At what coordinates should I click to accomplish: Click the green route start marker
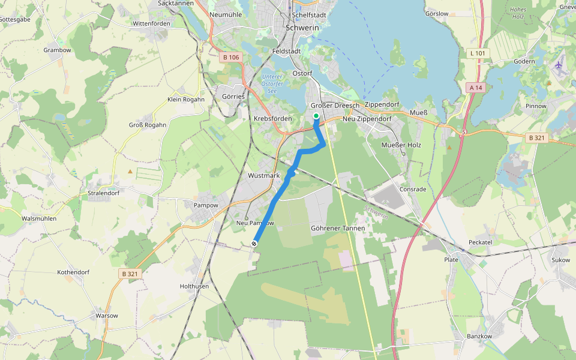pyautogui.click(x=316, y=115)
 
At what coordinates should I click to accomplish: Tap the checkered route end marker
pyautogui.click(x=255, y=243)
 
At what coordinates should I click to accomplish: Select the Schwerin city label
pyautogui.click(x=302, y=27)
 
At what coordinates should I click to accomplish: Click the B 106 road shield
pyautogui.click(x=230, y=58)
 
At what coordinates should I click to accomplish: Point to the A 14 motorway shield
pyautogui.click(x=476, y=88)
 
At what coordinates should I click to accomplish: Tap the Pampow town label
pyautogui.click(x=205, y=205)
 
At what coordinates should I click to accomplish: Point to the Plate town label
pyautogui.click(x=451, y=260)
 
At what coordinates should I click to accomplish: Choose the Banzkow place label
pyautogui.click(x=479, y=336)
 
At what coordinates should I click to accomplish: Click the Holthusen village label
pyautogui.click(x=194, y=286)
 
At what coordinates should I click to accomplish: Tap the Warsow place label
pyautogui.click(x=107, y=315)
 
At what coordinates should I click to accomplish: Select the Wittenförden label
pyautogui.click(x=151, y=23)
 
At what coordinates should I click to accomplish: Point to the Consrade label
pyautogui.click(x=413, y=189)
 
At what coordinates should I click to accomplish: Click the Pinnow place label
pyautogui.click(x=536, y=106)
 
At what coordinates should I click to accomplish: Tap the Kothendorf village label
pyautogui.click(x=73, y=272)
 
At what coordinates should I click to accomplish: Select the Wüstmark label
pyautogui.click(x=264, y=176)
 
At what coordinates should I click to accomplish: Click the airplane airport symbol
pyautogui.click(x=560, y=65)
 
